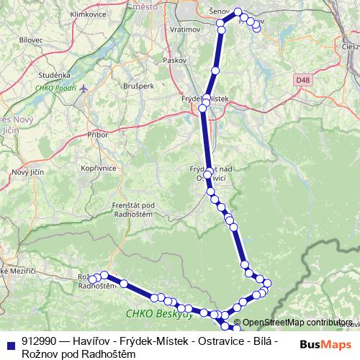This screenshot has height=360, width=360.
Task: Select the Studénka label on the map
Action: coord(55,74)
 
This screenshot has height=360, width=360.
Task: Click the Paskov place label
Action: coord(174,60)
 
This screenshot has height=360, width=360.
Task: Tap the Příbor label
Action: coord(97,135)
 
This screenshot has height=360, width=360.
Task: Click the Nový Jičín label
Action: coord(27,172)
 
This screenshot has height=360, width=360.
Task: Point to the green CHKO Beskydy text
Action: coord(159,314)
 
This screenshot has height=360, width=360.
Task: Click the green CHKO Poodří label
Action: coord(55,89)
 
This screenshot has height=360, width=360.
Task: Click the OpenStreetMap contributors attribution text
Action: coord(297,323)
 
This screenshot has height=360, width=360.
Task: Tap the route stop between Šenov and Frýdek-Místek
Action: coord(215,71)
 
